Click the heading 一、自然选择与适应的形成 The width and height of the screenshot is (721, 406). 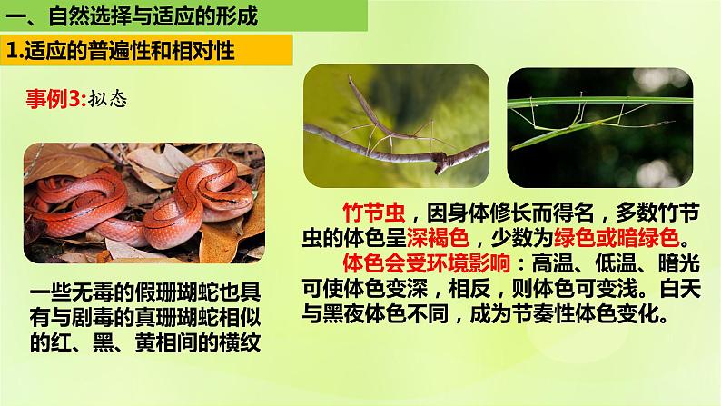coord(131,15)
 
